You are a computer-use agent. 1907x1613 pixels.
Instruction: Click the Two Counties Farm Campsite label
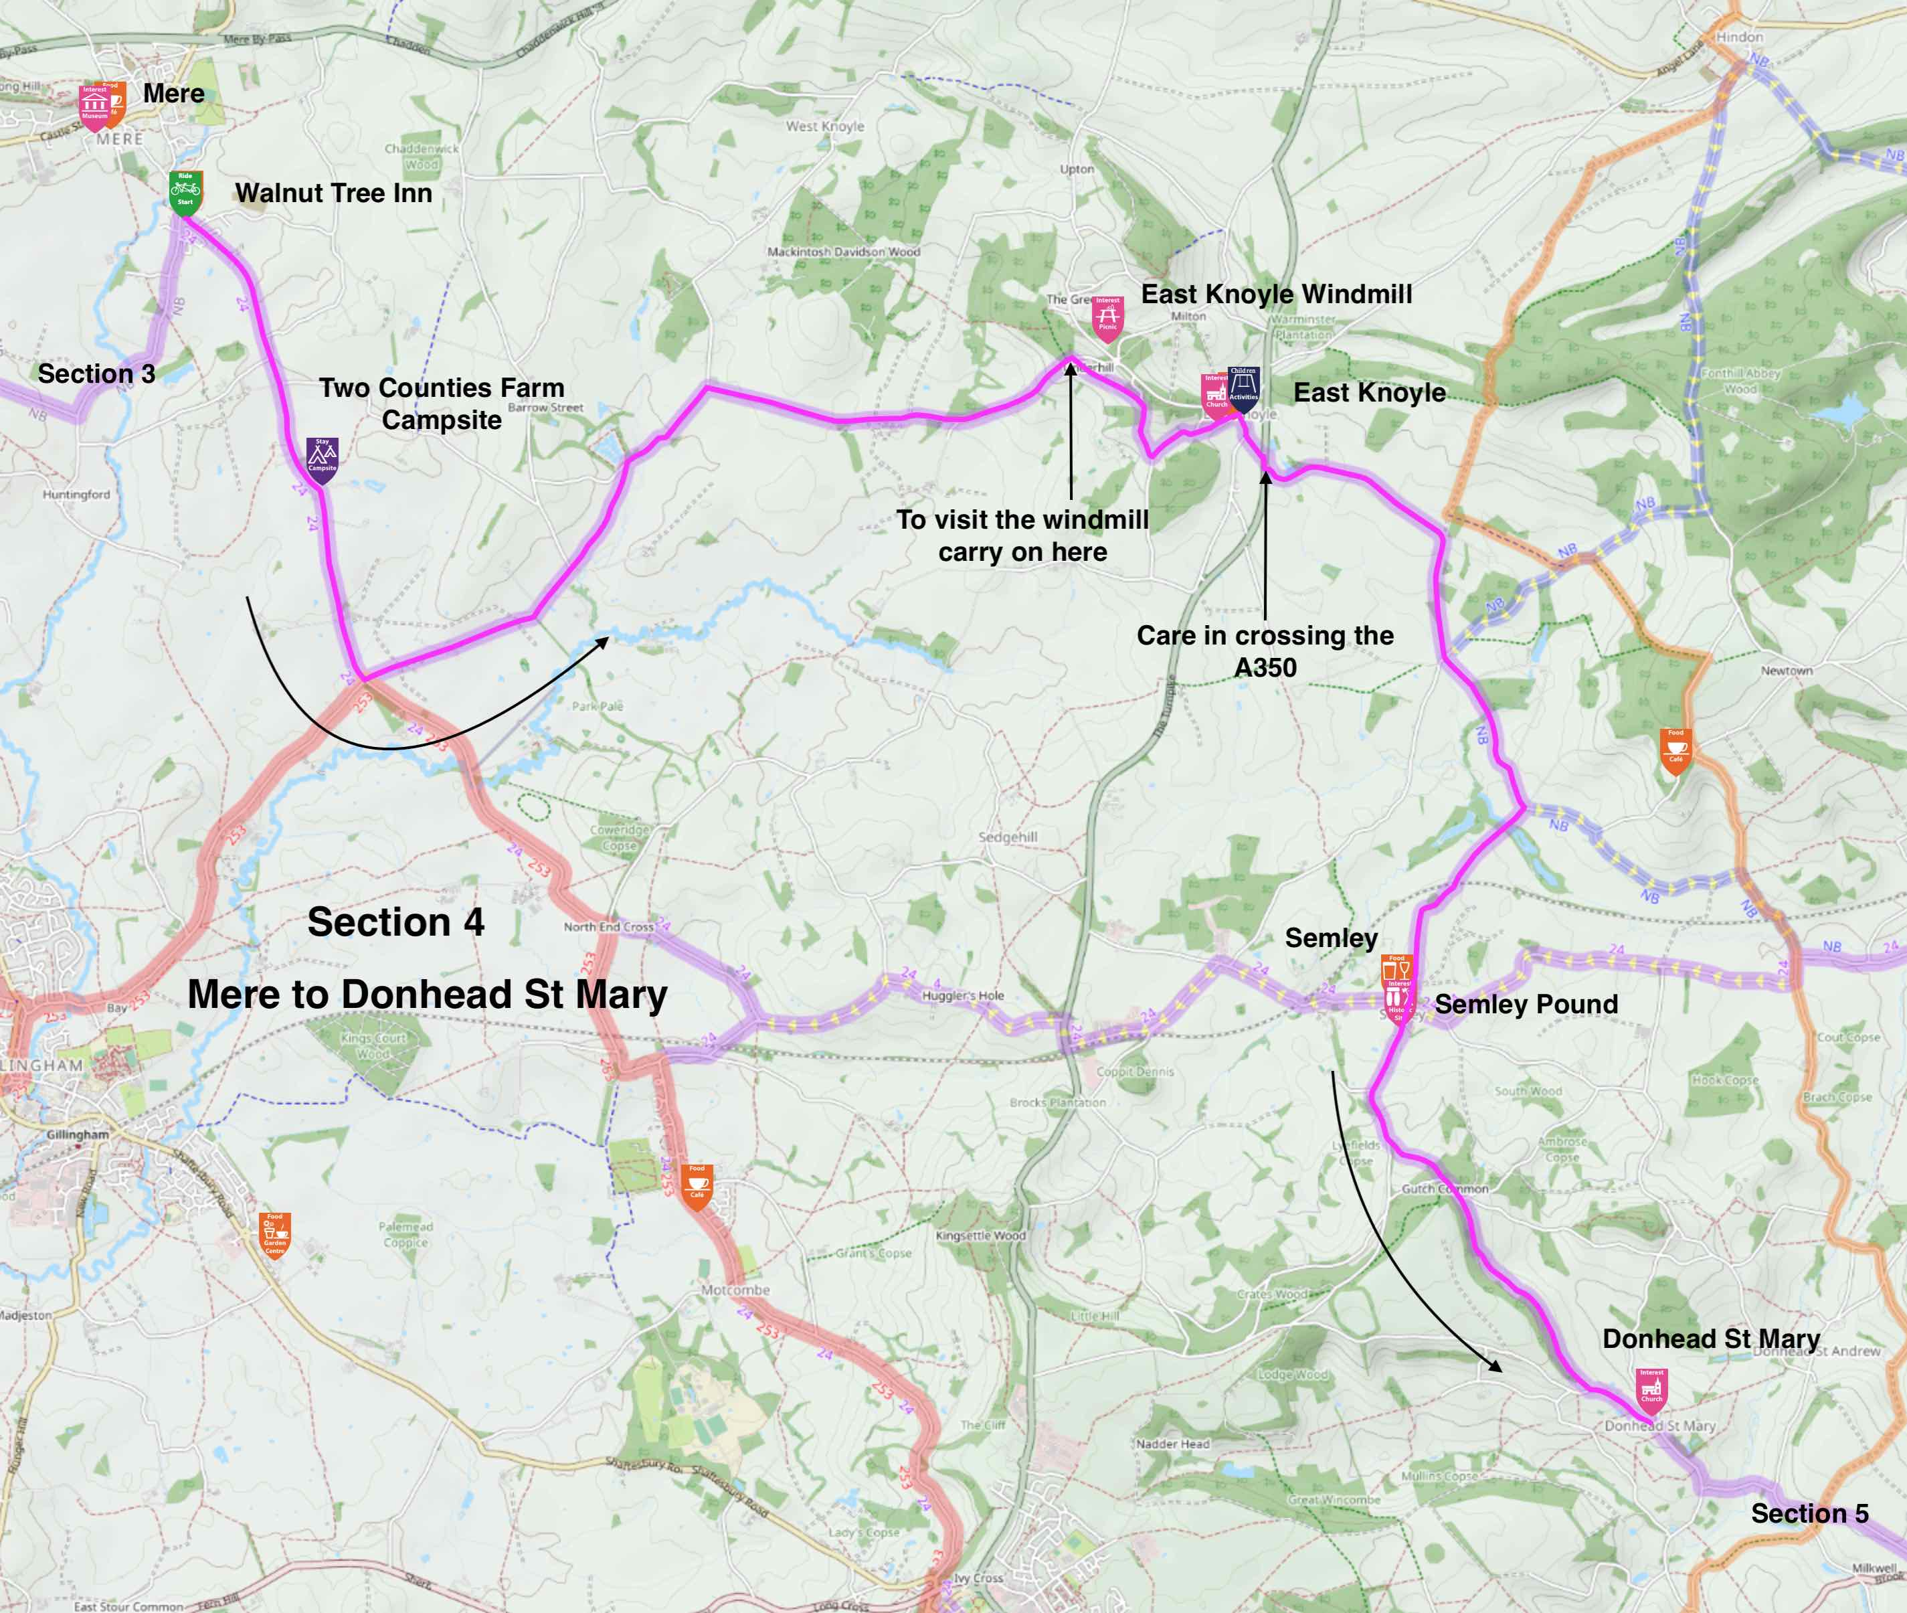click(x=442, y=403)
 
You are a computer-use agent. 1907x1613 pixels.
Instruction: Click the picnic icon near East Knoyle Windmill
click(x=1107, y=317)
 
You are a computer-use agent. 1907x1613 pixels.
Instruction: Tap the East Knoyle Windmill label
click(x=1276, y=294)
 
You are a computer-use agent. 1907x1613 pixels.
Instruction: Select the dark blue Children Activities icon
click(x=1243, y=385)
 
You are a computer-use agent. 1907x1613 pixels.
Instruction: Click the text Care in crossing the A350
click(x=1265, y=651)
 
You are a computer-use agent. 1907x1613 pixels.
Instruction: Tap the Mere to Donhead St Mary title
click(x=427, y=994)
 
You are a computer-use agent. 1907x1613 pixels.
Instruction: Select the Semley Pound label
click(x=1526, y=1004)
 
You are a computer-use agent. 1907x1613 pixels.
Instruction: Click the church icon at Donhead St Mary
click(x=1651, y=1389)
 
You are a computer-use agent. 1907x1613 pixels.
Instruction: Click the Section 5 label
click(x=1809, y=1513)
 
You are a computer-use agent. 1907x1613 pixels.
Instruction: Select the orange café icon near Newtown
click(x=1675, y=749)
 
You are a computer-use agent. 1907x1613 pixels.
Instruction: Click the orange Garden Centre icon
click(x=274, y=1234)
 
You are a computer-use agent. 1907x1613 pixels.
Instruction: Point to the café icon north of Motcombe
click(x=697, y=1185)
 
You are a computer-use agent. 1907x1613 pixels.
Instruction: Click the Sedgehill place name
click(x=1008, y=837)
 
